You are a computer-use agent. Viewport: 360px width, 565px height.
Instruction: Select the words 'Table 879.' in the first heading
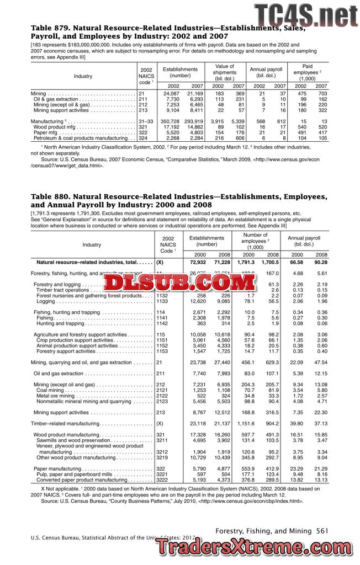tap(49, 27)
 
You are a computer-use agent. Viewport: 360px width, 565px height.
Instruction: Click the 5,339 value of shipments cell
tap(237, 121)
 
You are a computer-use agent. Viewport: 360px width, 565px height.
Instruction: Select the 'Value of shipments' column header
tap(225, 71)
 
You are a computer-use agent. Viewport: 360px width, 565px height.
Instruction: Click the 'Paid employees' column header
tap(311, 72)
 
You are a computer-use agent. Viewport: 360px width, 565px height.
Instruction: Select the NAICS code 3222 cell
tap(162, 480)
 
